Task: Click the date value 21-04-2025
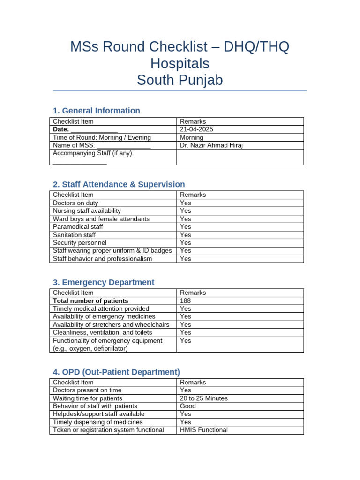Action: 193,129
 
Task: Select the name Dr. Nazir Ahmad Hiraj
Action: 211,145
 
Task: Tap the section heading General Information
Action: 96,111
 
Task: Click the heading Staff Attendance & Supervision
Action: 119,184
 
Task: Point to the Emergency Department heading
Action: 103,282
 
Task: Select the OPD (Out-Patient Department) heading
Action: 116,372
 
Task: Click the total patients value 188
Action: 186,300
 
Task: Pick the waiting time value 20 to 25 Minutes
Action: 204,398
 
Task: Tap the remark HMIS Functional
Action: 204,430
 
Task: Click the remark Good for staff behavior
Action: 188,406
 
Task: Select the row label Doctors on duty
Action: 76,202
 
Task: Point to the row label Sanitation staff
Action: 75,234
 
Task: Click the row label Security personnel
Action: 80,242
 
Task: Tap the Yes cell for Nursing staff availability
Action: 186,210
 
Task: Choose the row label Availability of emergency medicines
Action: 104,316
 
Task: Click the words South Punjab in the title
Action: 180,81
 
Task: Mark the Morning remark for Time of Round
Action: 192,137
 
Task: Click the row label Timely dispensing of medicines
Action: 98,422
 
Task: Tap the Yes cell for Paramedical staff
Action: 186,226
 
